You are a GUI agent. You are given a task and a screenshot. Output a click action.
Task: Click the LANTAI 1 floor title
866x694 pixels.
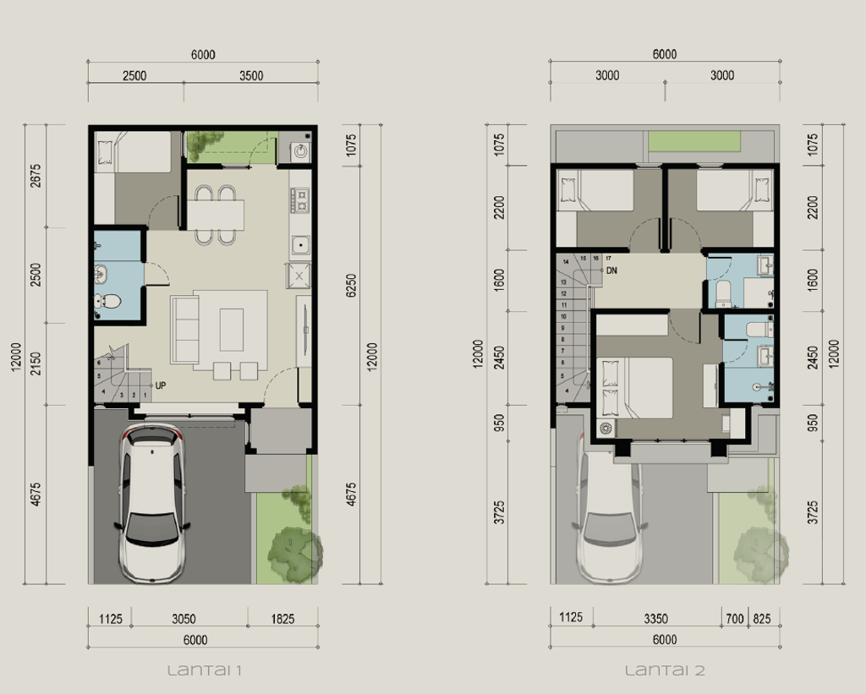205,671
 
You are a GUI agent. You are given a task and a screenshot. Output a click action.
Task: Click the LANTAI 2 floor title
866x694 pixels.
665,671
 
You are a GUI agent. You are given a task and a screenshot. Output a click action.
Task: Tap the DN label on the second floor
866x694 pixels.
611,271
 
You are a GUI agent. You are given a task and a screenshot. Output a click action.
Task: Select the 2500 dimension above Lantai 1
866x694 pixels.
134,75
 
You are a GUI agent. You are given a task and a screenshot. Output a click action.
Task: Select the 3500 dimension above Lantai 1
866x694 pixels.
251,75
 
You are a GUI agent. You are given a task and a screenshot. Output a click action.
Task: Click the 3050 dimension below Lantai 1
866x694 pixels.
184,619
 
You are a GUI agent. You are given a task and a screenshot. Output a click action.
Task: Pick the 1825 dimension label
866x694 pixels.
282,619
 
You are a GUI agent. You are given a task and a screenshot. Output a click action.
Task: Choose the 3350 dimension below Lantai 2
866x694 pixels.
656,619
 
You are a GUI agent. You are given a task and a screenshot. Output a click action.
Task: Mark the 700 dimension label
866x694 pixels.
735,619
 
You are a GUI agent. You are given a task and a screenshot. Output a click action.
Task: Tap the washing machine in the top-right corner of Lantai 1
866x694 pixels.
300,150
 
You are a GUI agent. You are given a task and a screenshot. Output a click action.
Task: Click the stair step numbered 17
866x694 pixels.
608,258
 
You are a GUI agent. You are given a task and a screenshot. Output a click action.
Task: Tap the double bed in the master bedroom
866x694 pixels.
636,386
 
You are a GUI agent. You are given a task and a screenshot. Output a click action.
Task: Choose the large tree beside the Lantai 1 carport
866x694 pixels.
293,554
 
